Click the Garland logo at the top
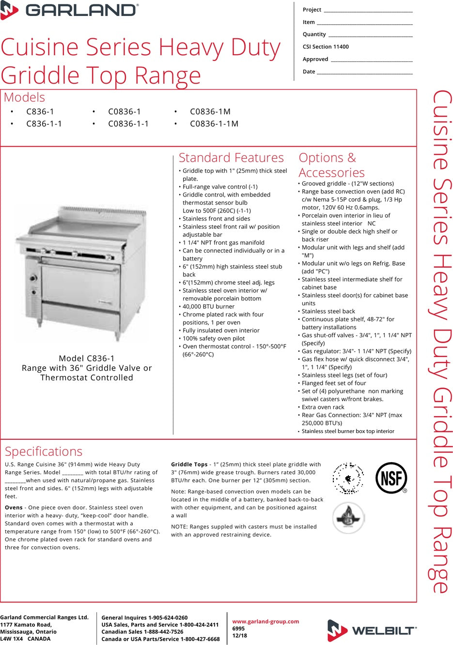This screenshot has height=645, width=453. (x=70, y=10)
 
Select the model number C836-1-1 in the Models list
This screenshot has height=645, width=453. (x=44, y=124)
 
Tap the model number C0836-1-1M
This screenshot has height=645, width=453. (x=214, y=124)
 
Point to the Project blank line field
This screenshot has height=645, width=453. (x=368, y=10)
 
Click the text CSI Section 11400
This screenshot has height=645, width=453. (x=326, y=47)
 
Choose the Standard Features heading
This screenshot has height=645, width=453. (x=231, y=158)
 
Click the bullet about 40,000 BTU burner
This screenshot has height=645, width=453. (x=208, y=306)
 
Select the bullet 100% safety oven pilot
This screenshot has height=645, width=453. (x=214, y=338)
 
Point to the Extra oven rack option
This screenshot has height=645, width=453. (x=323, y=407)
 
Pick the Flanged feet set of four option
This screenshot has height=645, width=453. (x=334, y=383)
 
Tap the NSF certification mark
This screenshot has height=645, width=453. (x=391, y=478)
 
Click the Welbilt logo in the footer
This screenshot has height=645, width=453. (x=372, y=630)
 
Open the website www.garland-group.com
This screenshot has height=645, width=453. (x=266, y=622)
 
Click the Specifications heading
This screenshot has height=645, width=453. (x=44, y=451)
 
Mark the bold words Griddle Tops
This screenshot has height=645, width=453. (x=189, y=465)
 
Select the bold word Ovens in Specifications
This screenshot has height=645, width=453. (x=14, y=508)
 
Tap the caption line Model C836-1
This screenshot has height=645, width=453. (x=87, y=359)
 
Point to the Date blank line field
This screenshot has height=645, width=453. (x=364, y=72)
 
